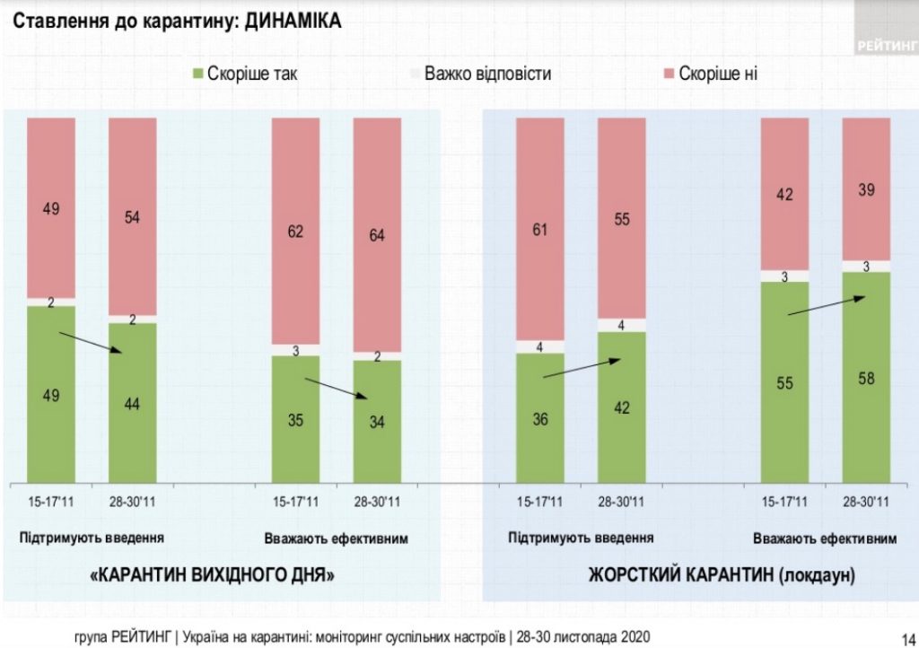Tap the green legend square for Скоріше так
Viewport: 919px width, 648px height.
[x=198, y=74]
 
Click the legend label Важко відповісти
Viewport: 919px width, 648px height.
[x=487, y=74]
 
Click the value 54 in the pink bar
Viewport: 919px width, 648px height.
[x=133, y=217]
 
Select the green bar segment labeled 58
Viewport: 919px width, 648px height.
[x=866, y=377]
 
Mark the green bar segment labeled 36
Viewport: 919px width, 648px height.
[x=540, y=417]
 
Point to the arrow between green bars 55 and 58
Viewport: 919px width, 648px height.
[x=827, y=306]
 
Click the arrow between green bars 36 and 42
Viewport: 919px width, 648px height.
[x=582, y=369]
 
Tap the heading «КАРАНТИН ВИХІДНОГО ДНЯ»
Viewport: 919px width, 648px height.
[x=213, y=574]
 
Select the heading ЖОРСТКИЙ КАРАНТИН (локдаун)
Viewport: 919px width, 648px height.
[x=721, y=574]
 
